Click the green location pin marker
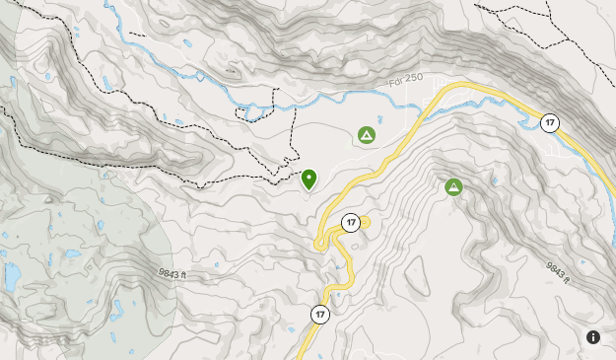[x=308, y=178]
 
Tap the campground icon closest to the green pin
[x=367, y=135]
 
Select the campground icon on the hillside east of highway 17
[x=453, y=186]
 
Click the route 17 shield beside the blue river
[x=549, y=123]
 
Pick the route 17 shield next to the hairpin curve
[x=350, y=223]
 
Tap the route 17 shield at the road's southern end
[x=319, y=315]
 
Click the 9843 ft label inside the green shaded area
[x=171, y=274]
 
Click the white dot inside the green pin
[x=308, y=176]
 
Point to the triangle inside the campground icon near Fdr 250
[x=367, y=135]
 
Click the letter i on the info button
[x=593, y=337]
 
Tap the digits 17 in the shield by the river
[x=549, y=123]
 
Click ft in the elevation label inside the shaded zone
[x=181, y=276]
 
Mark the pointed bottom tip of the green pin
[x=308, y=189]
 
